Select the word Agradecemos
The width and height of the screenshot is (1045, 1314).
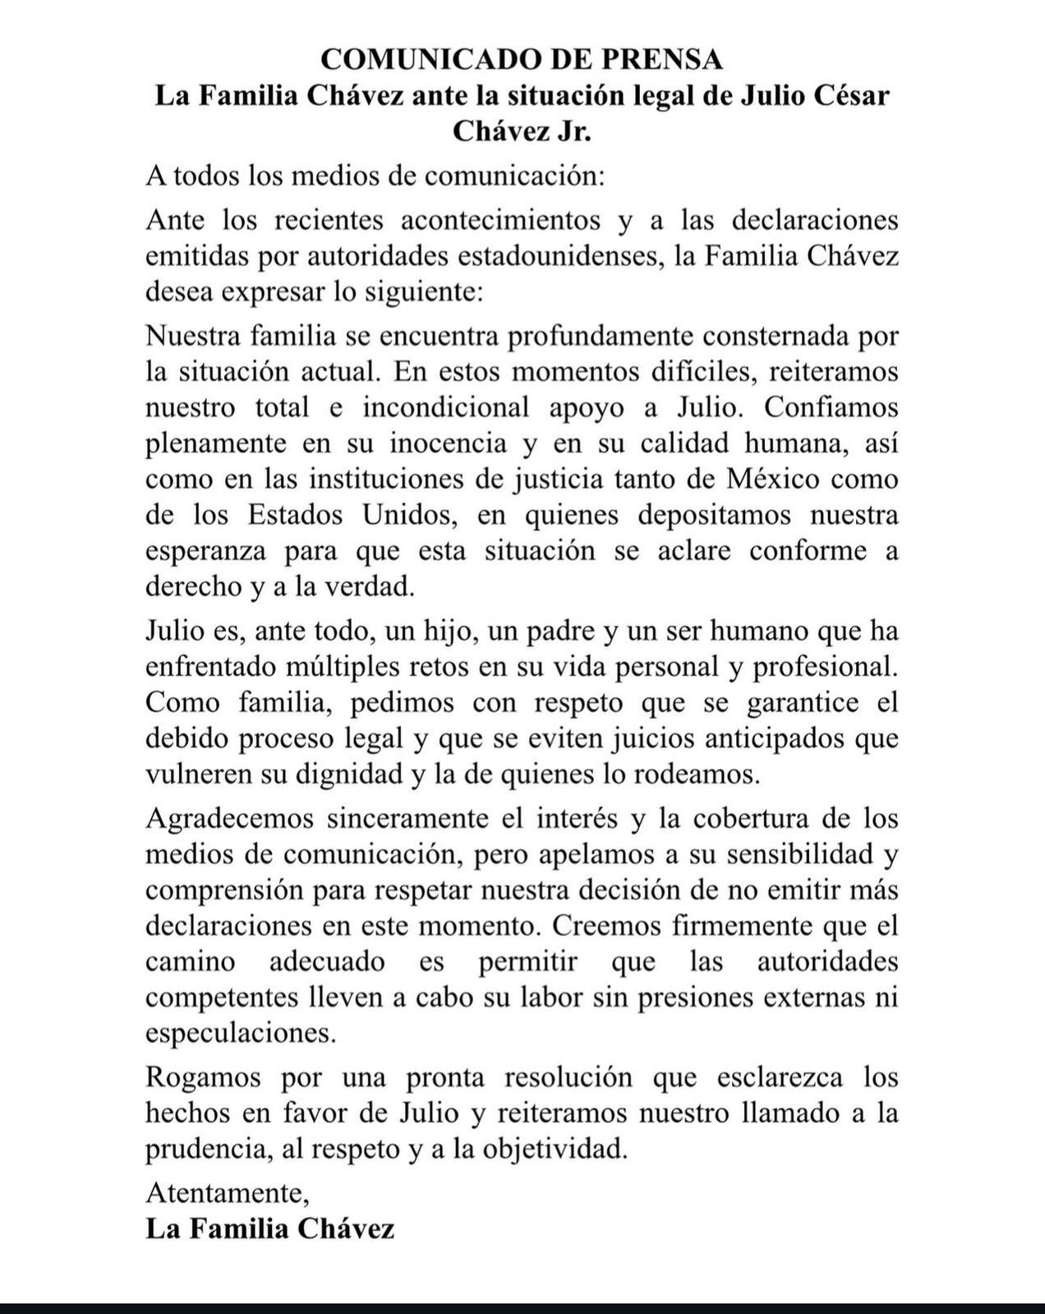pyautogui.click(x=234, y=819)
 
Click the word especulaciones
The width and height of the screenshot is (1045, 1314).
pyautogui.click(x=241, y=1033)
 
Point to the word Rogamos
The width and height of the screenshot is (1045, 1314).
pyautogui.click(x=203, y=1077)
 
